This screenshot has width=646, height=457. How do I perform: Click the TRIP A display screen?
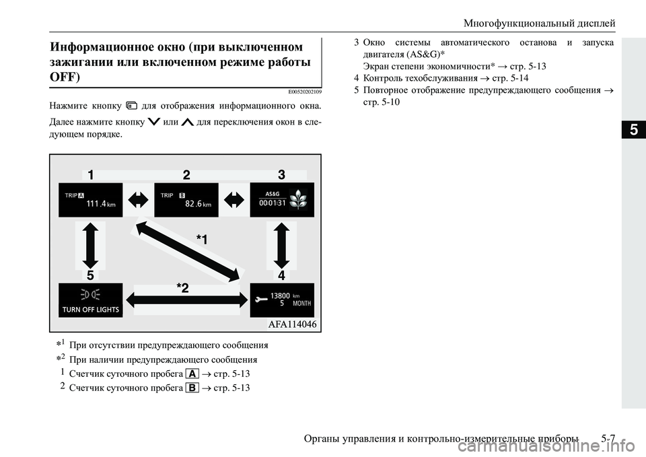[90, 200]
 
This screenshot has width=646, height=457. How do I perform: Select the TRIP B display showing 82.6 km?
[186, 200]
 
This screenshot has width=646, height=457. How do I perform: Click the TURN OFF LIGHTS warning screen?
[90, 300]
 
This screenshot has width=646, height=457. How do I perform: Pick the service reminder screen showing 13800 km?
[282, 300]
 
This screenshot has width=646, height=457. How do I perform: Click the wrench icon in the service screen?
[261, 300]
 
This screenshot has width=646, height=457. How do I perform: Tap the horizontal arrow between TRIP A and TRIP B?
[139, 200]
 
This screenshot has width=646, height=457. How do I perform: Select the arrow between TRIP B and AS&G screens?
[234, 200]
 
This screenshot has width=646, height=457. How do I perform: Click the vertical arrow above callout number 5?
[90, 246]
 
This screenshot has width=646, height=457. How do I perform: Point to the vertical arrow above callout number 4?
[282, 246]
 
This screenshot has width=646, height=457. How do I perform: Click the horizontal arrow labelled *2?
[186, 300]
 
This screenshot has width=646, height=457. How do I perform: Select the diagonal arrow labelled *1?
[186, 250]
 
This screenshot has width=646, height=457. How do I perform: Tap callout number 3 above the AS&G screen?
[281, 175]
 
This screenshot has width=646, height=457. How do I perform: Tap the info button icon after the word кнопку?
[132, 105]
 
